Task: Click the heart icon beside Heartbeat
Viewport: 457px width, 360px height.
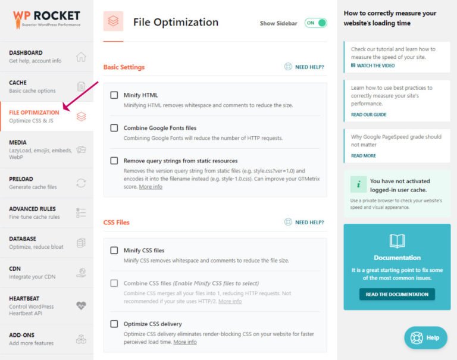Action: [82, 306]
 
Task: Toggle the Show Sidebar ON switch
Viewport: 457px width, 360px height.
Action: [316, 23]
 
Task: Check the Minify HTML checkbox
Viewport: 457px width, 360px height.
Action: [114, 95]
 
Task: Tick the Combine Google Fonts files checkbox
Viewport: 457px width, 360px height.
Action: [114, 128]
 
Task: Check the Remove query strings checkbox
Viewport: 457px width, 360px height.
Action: [114, 161]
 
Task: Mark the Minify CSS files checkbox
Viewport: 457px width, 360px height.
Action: [114, 251]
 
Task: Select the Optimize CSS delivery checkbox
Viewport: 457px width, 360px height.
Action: [114, 324]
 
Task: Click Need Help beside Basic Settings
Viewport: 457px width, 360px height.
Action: [304, 67]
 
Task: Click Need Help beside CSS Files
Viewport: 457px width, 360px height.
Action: [304, 223]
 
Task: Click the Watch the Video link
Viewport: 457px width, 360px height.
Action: [375, 65]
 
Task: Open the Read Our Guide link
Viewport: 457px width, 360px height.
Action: [368, 114]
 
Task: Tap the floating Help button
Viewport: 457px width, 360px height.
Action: [425, 337]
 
